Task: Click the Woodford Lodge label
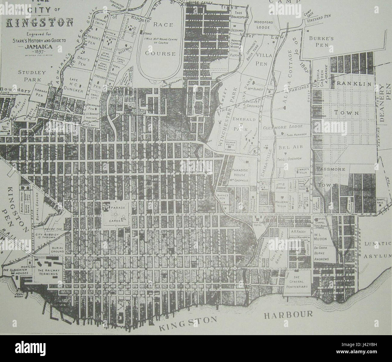pyautogui.click(x=263, y=24)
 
